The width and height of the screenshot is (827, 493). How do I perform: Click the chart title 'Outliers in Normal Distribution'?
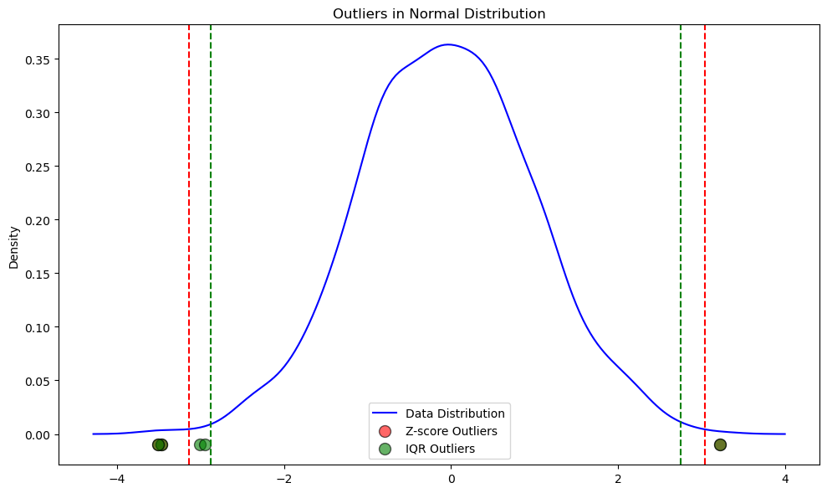(x=439, y=13)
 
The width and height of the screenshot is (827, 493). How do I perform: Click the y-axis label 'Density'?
(x=13, y=246)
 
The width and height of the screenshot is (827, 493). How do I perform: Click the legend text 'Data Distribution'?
(x=455, y=413)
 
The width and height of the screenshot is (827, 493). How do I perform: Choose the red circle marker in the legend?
(x=385, y=431)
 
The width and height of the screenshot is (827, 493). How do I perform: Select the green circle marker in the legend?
(x=385, y=449)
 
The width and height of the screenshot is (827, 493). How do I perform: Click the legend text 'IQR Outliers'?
(x=440, y=449)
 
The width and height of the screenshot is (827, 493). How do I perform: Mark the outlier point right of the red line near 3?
(x=720, y=444)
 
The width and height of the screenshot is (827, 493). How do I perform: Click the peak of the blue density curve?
(x=449, y=44)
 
